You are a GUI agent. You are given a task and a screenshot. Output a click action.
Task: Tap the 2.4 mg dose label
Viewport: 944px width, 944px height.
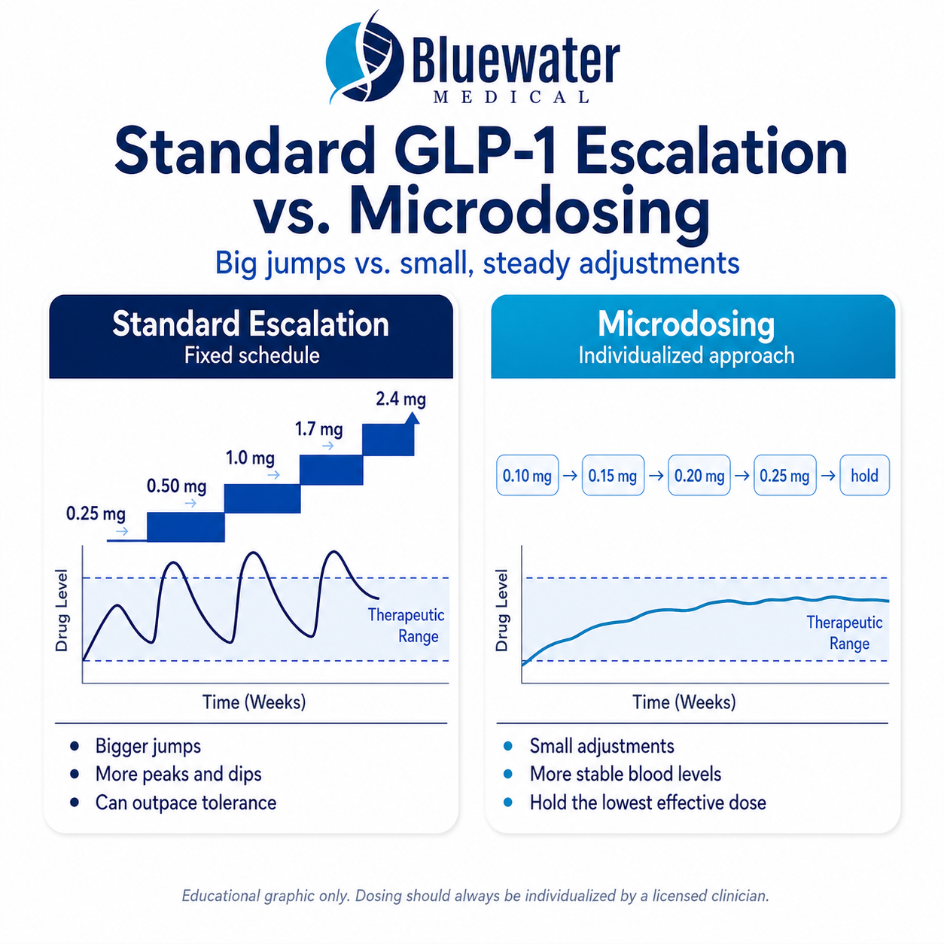[x=400, y=399]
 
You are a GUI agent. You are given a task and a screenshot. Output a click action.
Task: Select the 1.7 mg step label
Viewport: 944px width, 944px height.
[x=318, y=429]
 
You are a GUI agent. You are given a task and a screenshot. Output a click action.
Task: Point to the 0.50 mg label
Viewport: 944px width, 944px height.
[x=176, y=486]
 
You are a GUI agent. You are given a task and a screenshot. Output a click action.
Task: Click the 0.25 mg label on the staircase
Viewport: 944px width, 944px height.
[x=96, y=514]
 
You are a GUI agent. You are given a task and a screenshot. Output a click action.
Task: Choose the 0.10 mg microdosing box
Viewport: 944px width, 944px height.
[x=527, y=476]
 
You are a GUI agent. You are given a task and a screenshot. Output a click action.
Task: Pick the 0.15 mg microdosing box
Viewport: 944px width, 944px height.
[x=613, y=476]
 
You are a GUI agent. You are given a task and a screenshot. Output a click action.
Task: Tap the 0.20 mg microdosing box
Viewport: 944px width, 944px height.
[x=699, y=476]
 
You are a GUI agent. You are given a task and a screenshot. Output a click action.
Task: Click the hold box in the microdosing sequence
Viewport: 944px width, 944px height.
[x=864, y=476]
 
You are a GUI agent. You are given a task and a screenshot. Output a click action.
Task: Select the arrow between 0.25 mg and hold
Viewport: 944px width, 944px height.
[x=828, y=476]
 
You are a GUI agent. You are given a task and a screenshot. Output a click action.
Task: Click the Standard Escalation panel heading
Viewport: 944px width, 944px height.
[x=251, y=324]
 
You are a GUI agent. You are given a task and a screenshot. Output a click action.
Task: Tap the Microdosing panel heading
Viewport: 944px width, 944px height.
[x=686, y=324]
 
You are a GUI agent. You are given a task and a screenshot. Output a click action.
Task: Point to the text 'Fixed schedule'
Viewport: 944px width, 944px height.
[x=251, y=355]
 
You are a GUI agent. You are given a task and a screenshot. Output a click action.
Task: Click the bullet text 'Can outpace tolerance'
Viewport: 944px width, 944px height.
[x=185, y=802]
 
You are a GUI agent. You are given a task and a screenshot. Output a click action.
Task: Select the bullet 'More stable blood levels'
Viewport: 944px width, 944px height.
[x=625, y=774]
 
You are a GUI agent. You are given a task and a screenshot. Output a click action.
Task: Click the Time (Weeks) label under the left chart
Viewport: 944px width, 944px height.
[x=254, y=702]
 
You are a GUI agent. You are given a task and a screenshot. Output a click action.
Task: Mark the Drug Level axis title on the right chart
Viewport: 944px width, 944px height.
[x=502, y=611]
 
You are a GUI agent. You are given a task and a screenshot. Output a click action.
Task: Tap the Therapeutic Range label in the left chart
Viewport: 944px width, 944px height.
[x=407, y=626]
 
